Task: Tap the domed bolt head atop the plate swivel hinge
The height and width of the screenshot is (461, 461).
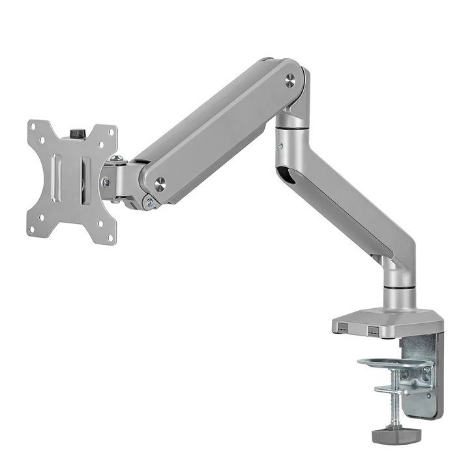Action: click(x=117, y=158)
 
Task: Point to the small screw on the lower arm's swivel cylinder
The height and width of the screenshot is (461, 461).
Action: click(x=280, y=147)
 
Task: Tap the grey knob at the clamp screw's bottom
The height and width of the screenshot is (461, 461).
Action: click(x=394, y=434)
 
